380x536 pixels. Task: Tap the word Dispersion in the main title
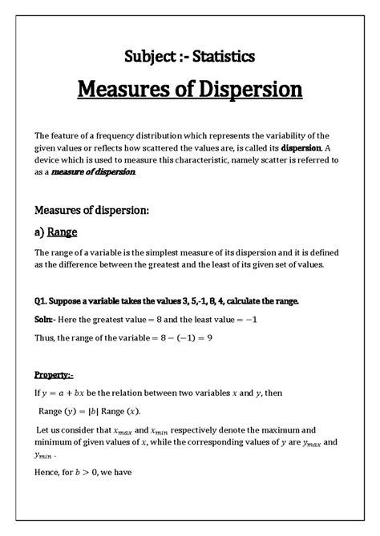tap(250, 88)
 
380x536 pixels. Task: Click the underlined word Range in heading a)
tap(63, 233)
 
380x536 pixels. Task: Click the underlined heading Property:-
tap(55, 374)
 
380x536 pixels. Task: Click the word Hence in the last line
tap(49, 472)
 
